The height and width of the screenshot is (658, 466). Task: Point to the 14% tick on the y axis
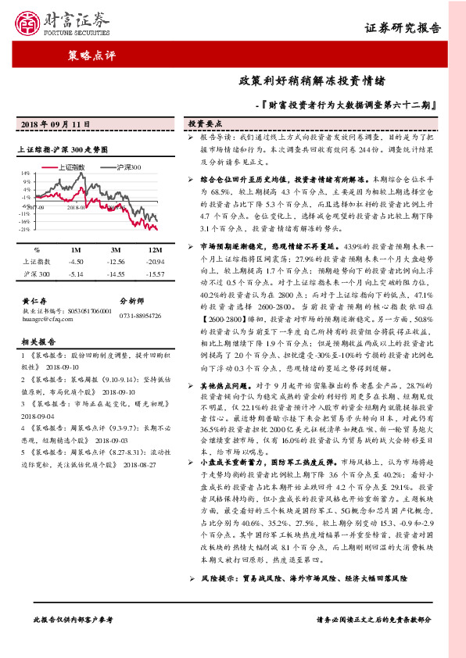(25, 173)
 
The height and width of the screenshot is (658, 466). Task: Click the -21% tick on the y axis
(24, 230)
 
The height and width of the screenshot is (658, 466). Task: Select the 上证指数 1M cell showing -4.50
(76, 262)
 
